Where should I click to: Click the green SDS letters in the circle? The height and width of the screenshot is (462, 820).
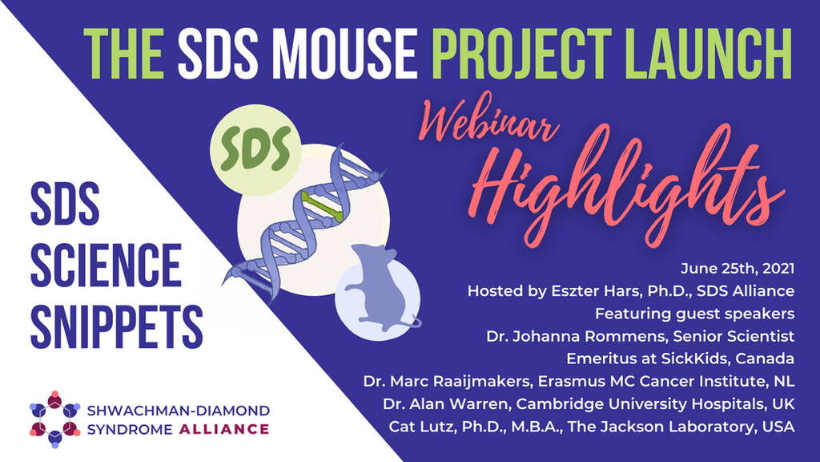[255, 149]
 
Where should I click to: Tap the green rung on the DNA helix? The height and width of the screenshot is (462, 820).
[322, 206]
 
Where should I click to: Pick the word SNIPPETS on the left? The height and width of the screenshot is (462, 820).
[117, 326]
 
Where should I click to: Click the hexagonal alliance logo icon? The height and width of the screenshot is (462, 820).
[55, 419]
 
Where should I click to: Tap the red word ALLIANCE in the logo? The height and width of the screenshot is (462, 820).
[224, 430]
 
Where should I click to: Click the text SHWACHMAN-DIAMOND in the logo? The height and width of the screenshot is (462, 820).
[179, 410]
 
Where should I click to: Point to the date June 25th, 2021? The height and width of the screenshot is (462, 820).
[738, 269]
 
